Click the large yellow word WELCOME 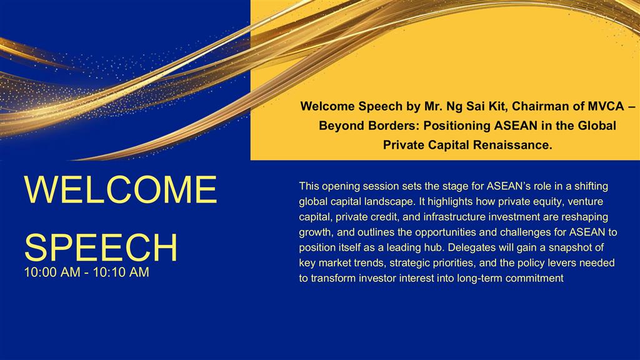(x=121, y=189)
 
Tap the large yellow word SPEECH (x=101, y=247)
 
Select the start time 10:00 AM (x=52, y=272)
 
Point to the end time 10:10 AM (x=121, y=272)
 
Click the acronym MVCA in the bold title (x=606, y=106)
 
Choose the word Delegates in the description (x=467, y=247)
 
